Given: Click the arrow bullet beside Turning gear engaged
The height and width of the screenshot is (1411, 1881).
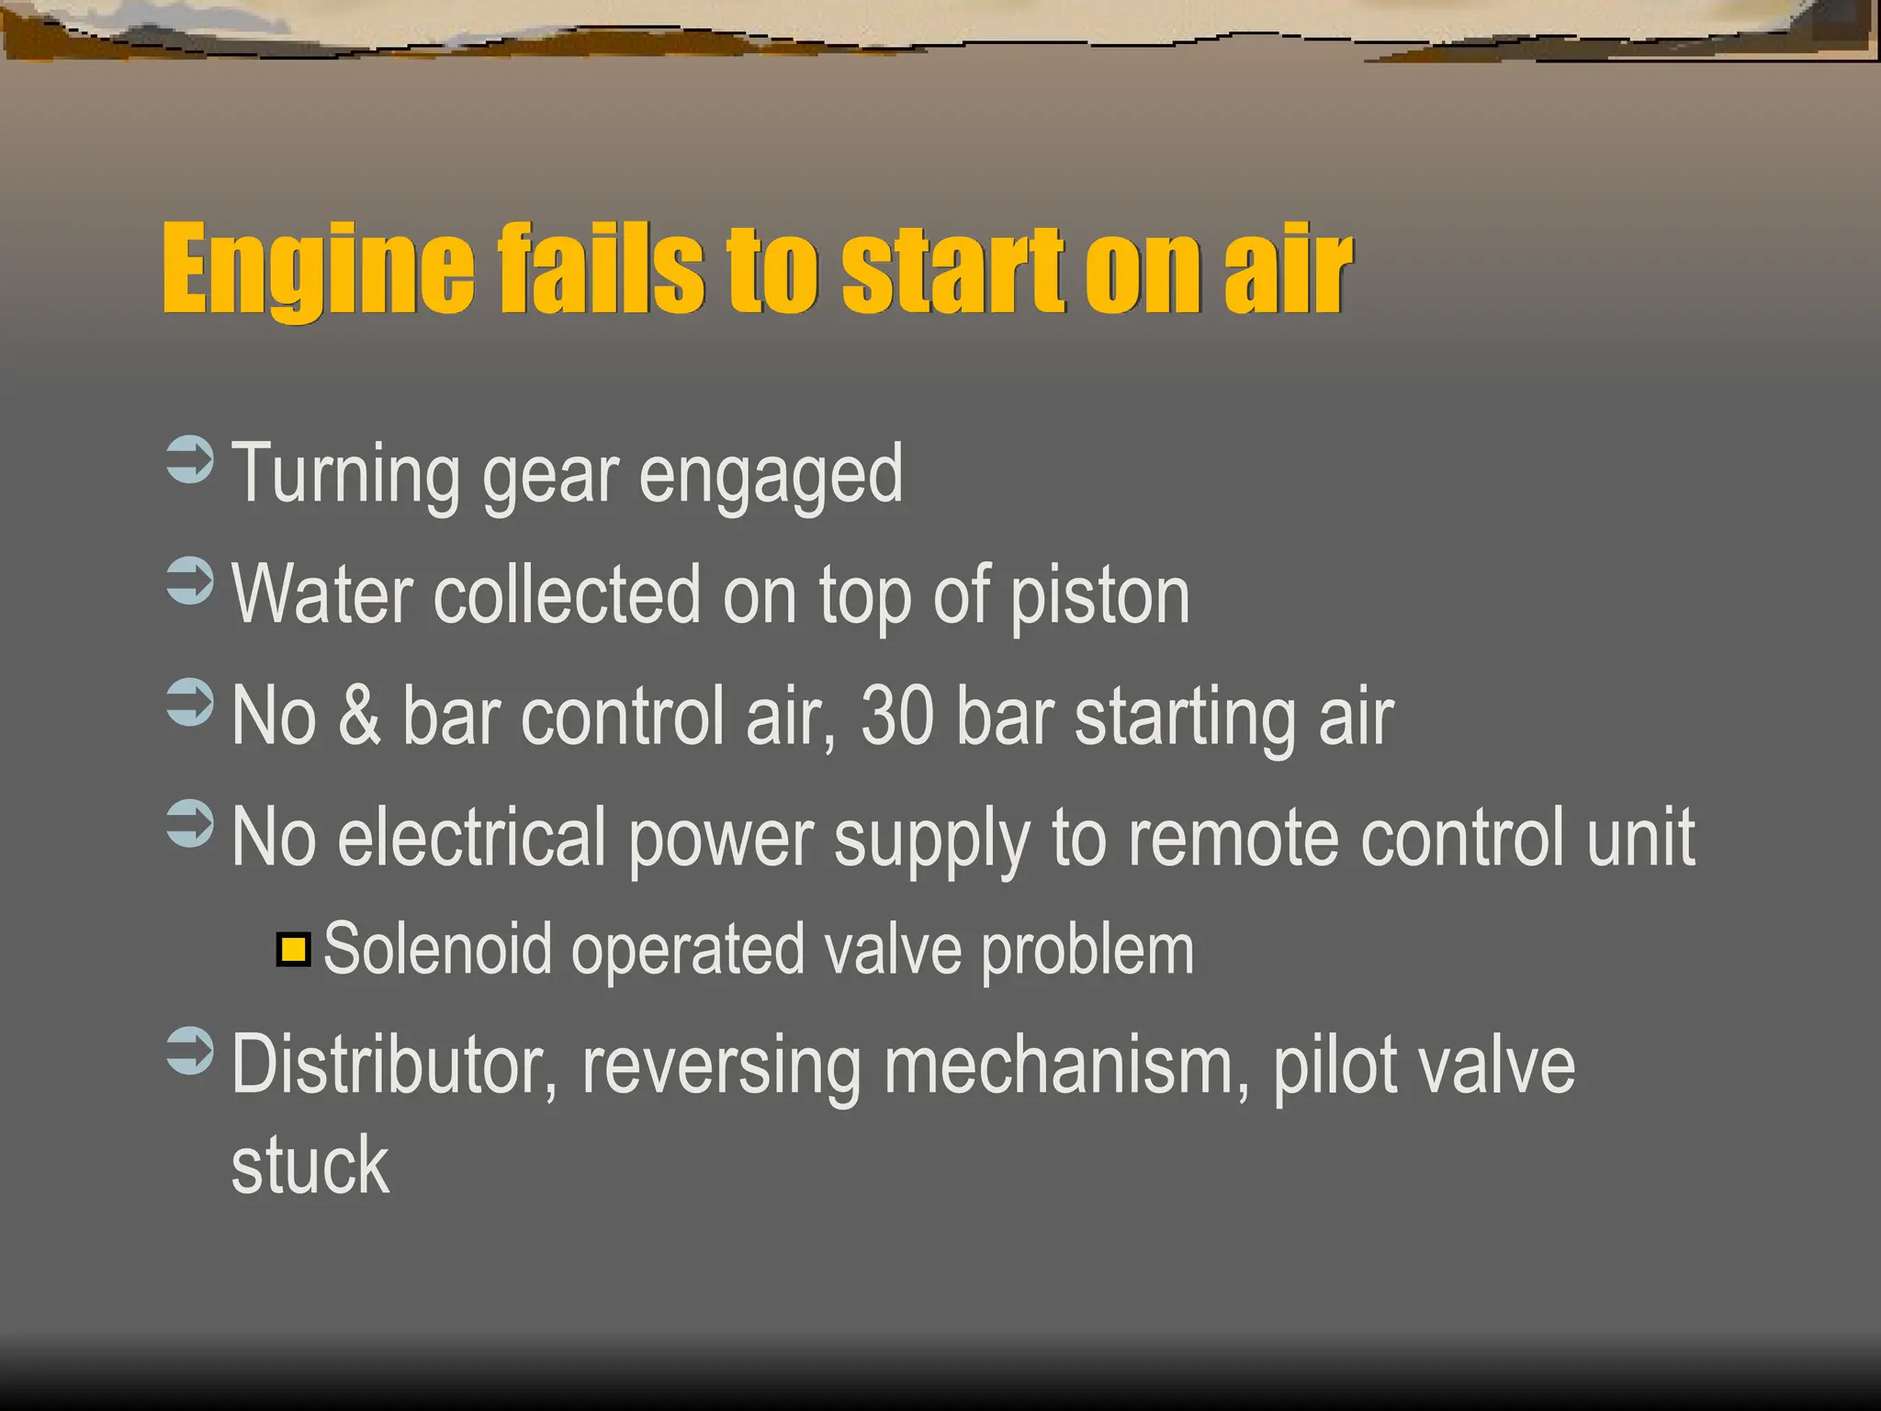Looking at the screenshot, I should click(x=190, y=459).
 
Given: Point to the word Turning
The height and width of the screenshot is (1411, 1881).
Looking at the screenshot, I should click(x=345, y=475).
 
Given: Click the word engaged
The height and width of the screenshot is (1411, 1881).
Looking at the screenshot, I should click(x=771, y=475).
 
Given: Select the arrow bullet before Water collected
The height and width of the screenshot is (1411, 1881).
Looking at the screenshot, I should click(x=190, y=581).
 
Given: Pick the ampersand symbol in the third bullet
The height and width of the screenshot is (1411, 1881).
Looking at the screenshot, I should click(x=359, y=717).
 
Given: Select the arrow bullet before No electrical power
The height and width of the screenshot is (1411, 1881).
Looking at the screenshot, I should click(x=190, y=823).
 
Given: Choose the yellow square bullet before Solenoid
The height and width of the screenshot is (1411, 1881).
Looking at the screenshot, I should click(x=293, y=949).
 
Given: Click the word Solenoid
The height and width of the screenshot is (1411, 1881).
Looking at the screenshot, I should click(x=437, y=949).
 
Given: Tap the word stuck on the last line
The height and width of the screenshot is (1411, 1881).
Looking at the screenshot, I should click(x=310, y=1167).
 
